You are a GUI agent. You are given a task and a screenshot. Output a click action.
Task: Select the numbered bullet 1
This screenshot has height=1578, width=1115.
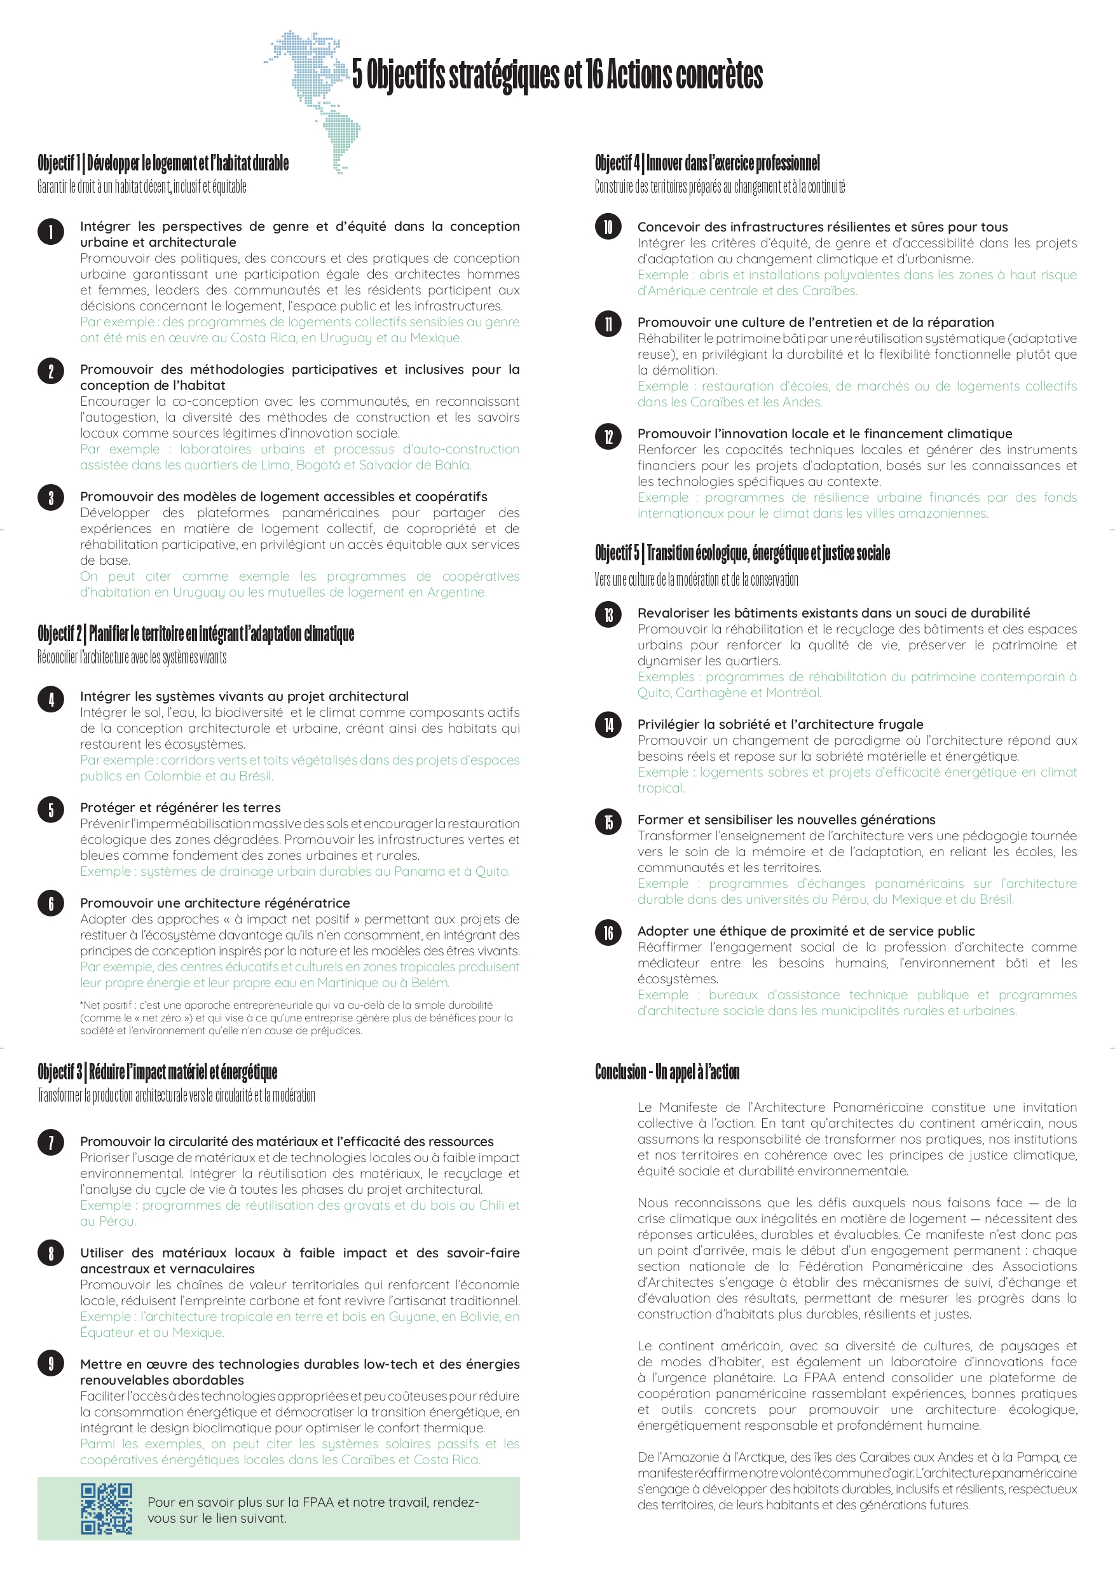pos(51,232)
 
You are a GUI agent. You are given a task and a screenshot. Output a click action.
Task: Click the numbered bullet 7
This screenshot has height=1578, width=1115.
pos(51,1142)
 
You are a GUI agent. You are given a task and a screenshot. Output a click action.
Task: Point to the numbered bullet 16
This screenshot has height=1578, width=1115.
pos(608,932)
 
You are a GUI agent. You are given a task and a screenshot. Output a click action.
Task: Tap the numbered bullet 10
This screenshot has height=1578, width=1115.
pos(608,227)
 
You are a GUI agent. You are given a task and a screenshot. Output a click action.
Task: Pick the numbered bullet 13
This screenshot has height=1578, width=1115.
pos(608,614)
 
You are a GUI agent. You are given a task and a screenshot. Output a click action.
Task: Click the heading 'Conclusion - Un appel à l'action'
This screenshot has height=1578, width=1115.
pos(667,1071)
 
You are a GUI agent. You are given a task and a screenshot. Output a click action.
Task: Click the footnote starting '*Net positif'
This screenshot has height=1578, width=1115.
pos(296,1017)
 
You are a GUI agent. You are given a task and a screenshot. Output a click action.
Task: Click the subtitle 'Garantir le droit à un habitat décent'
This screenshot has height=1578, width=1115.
pos(142,186)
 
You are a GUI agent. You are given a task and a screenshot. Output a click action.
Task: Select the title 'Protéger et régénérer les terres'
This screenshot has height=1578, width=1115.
pos(180,808)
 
